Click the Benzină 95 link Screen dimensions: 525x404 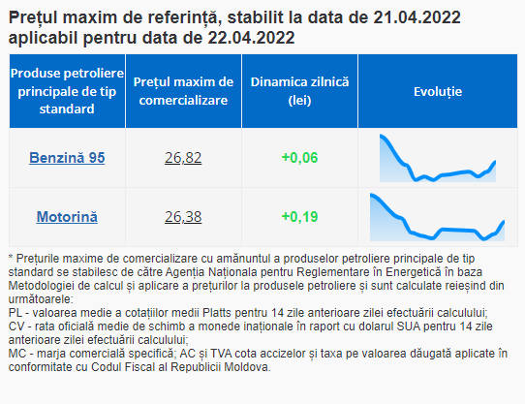click(67, 158)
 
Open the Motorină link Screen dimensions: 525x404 click(67, 217)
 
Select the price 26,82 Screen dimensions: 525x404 click(183, 158)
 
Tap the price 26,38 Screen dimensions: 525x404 click(183, 217)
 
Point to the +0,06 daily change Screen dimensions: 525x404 click(299, 158)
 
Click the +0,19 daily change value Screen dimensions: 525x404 click(299, 217)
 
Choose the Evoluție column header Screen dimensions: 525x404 click(438, 91)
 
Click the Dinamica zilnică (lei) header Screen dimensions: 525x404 click(299, 91)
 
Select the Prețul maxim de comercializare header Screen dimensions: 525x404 click(183, 91)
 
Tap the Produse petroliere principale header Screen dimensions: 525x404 click(67, 91)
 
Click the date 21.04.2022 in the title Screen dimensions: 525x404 click(417, 17)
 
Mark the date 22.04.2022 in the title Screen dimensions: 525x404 click(251, 38)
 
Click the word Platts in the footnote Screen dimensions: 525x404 click(217, 313)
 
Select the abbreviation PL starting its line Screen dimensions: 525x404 click(15, 313)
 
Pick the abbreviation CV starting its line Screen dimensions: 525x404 click(16, 326)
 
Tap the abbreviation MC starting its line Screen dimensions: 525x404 click(16, 354)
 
